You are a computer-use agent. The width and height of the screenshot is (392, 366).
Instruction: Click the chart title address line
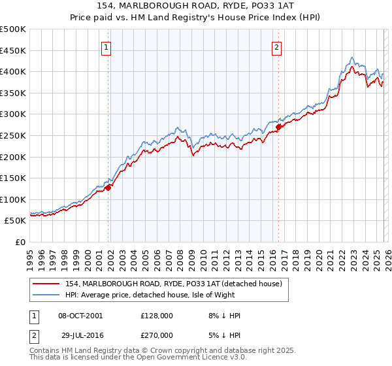[x=196, y=6]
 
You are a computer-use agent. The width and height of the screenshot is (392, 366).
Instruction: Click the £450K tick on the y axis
[x=13, y=50]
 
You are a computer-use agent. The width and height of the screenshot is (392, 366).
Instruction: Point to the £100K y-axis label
[x=13, y=199]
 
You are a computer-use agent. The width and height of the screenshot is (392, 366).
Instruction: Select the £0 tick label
[x=21, y=242]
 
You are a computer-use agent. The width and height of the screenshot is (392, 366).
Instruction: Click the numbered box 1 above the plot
[x=106, y=46]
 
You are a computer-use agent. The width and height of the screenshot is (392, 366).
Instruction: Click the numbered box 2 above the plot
[x=277, y=46]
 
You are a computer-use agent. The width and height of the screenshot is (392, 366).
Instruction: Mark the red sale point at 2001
[x=108, y=188]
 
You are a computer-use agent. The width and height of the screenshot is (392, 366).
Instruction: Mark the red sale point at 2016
[x=278, y=127]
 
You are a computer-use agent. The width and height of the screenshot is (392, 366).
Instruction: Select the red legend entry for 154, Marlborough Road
[x=173, y=284]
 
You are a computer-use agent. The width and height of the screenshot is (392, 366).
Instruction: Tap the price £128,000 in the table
[x=156, y=316]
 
